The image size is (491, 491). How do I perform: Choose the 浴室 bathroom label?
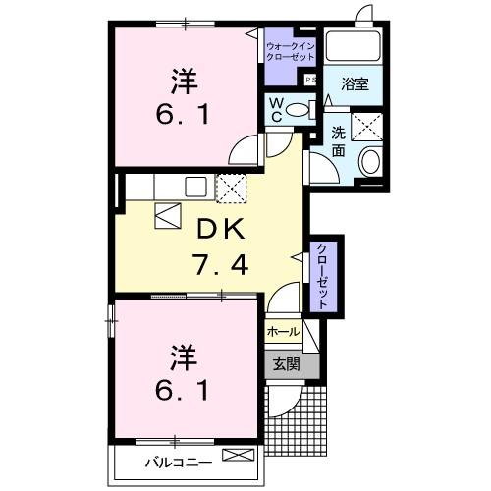click(x=355, y=84)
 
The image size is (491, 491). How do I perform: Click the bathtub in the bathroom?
click(x=355, y=46)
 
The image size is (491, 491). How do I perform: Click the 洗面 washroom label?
click(x=337, y=143)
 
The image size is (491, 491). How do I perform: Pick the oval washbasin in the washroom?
click(x=371, y=164)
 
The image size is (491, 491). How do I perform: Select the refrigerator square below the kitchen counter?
click(x=166, y=214)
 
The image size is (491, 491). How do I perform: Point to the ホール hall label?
click(x=283, y=332)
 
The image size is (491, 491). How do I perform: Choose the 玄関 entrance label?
click(x=286, y=364)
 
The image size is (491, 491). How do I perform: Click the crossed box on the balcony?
click(x=238, y=455)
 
